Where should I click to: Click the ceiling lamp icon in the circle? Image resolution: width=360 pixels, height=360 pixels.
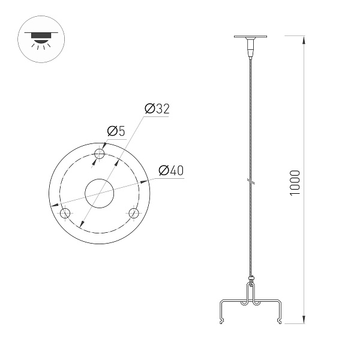pos(40,37)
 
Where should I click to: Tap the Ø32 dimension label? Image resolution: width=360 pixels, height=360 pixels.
pos(158,109)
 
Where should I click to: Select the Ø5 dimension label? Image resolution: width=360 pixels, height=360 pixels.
pos(115,131)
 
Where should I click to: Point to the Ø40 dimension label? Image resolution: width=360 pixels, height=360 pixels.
pos(170,171)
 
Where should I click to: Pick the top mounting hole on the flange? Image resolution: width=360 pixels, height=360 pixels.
pos(100,154)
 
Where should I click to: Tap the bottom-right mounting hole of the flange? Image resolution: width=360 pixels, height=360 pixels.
pos(134,213)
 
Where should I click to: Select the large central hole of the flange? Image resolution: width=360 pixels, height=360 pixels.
pos(100,193)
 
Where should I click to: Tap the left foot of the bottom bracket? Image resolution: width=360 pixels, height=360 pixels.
pos(220,321)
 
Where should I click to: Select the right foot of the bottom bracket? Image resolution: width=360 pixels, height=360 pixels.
pos(280,321)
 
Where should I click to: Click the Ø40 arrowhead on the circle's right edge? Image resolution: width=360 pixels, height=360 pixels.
pos(146,181)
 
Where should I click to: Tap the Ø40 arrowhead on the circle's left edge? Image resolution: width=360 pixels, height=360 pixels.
pos(55,206)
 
